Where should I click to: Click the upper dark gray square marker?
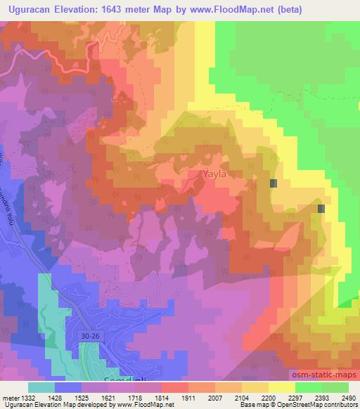coord(274,183)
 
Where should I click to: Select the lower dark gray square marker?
coord(321,209)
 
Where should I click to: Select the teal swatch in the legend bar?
coord(41,387)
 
